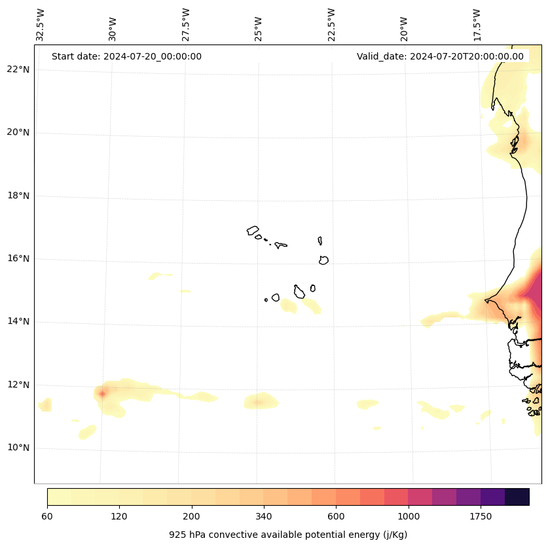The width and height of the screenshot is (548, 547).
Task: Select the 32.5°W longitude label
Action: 41,25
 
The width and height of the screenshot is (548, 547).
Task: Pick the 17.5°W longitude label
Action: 477,25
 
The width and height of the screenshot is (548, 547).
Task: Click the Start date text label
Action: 126,56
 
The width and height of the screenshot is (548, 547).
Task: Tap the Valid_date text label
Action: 440,56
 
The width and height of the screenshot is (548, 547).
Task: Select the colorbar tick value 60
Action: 47,516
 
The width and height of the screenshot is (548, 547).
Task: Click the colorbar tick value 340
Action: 264,516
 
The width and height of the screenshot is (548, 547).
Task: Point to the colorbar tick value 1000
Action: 409,516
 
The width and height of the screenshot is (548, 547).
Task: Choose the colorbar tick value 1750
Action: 481,516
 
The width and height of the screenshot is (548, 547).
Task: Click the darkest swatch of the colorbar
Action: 517,497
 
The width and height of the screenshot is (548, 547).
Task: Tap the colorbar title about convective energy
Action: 288,535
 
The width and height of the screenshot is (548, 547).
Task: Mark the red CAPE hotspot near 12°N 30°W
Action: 102,393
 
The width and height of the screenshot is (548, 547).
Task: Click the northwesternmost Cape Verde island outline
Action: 253,230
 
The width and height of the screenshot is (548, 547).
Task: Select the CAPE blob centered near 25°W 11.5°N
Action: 258,402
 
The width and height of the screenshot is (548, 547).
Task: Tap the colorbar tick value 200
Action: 192,516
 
